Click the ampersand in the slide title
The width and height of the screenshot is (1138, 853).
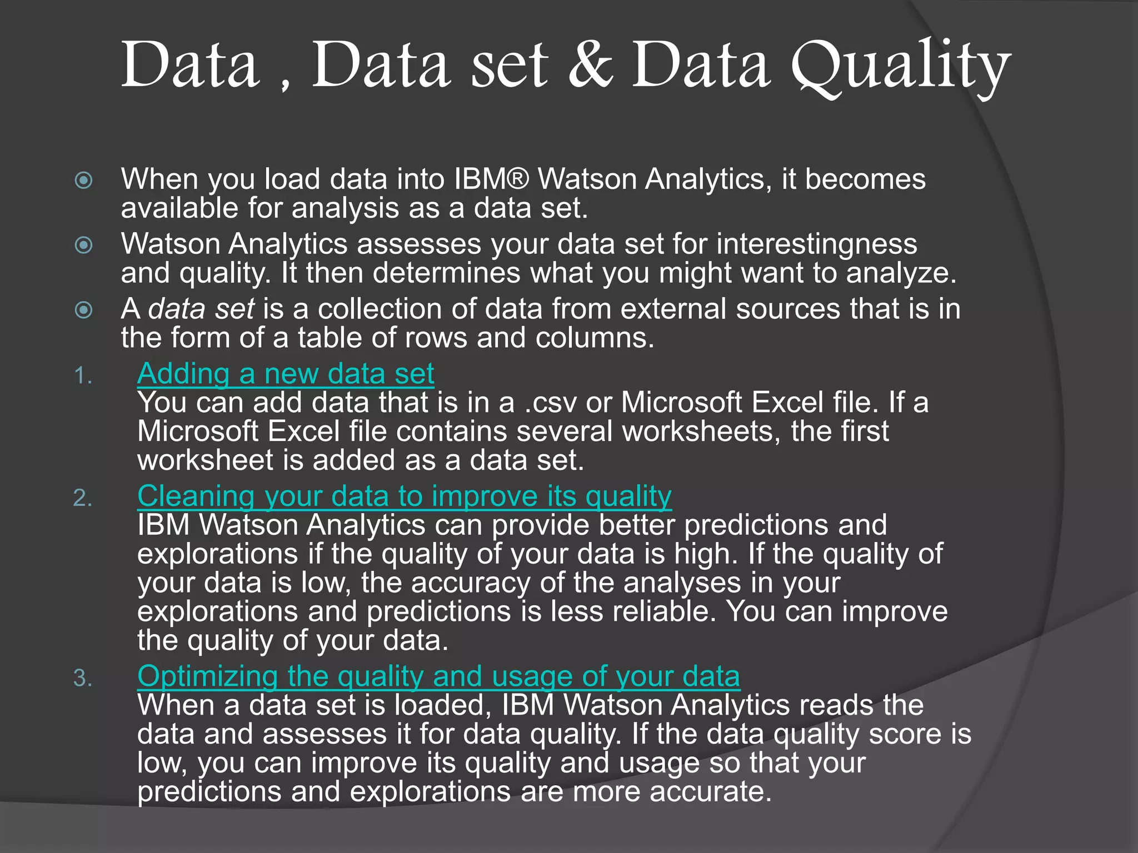(591, 66)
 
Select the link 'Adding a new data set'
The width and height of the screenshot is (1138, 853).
(286, 373)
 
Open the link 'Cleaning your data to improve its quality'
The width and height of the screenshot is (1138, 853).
(405, 496)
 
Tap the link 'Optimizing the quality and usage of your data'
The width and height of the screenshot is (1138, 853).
(438, 676)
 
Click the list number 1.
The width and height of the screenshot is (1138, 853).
(83, 377)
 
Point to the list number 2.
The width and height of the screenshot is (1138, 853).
(83, 499)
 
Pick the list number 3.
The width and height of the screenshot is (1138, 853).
(83, 679)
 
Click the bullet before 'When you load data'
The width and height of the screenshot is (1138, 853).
(84, 180)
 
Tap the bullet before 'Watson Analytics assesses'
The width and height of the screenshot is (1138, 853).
(84, 245)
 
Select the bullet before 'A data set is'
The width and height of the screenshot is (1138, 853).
(84, 310)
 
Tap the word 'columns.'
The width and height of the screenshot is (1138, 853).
(595, 338)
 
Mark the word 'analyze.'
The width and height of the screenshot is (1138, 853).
(901, 273)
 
